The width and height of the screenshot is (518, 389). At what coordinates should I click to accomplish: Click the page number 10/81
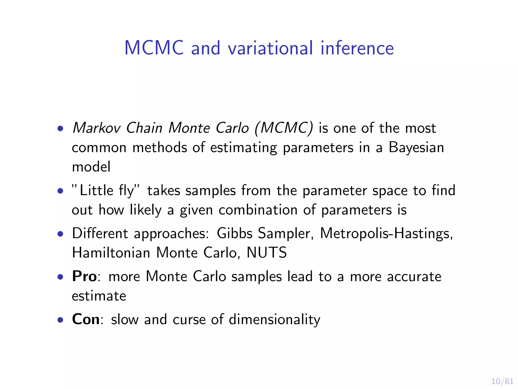(502, 381)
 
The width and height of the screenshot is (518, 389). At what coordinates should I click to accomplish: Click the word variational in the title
(270, 48)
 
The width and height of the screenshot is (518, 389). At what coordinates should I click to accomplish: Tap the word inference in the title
(357, 48)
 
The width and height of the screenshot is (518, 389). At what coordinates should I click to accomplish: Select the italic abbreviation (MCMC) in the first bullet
(284, 128)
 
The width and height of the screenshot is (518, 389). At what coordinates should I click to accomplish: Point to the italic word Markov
(96, 128)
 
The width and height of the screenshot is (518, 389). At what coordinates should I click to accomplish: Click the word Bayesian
(416, 148)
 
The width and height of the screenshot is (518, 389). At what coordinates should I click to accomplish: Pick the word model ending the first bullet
(91, 167)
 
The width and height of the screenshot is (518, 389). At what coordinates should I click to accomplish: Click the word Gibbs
(234, 233)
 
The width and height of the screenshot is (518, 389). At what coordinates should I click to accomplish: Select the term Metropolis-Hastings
(386, 233)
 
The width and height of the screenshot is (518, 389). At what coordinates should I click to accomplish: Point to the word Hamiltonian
(111, 253)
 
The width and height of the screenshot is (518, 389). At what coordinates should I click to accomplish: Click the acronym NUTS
(267, 253)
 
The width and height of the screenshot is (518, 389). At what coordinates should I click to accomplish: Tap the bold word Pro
(84, 276)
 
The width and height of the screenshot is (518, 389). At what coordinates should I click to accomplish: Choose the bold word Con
(86, 319)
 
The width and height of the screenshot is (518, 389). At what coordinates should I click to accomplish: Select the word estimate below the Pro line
(99, 296)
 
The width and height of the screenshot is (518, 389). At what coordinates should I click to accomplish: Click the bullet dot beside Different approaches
(60, 234)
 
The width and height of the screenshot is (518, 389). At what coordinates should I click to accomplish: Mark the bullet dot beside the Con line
(60, 320)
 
